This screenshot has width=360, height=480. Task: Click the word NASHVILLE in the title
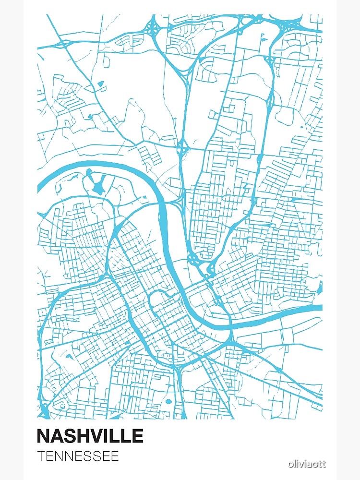pyautogui.click(x=90, y=436)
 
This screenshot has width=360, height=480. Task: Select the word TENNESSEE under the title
pyautogui.click(x=78, y=456)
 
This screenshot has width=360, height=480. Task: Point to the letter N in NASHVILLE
pyautogui.click(x=44, y=436)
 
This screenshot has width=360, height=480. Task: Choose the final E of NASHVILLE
pyautogui.click(x=138, y=436)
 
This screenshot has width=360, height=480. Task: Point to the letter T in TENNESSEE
pyautogui.click(x=41, y=456)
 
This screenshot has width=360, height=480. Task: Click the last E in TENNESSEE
pyautogui.click(x=115, y=456)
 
